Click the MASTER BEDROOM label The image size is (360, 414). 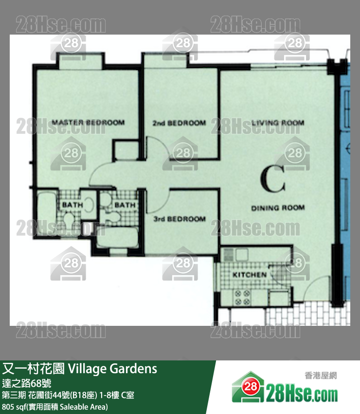[x=88, y=123]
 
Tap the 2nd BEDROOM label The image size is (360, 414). [x=179, y=123]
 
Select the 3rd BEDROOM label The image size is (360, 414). [x=180, y=219]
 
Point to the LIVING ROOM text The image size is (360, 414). [x=278, y=123]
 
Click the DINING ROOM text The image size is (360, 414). [x=278, y=208]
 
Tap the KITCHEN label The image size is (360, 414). [x=250, y=275]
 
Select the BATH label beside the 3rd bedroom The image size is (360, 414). [x=125, y=205]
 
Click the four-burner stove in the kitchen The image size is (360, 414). [x=242, y=298]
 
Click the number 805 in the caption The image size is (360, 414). [x=8, y=406]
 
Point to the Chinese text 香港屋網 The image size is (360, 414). [x=321, y=375]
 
